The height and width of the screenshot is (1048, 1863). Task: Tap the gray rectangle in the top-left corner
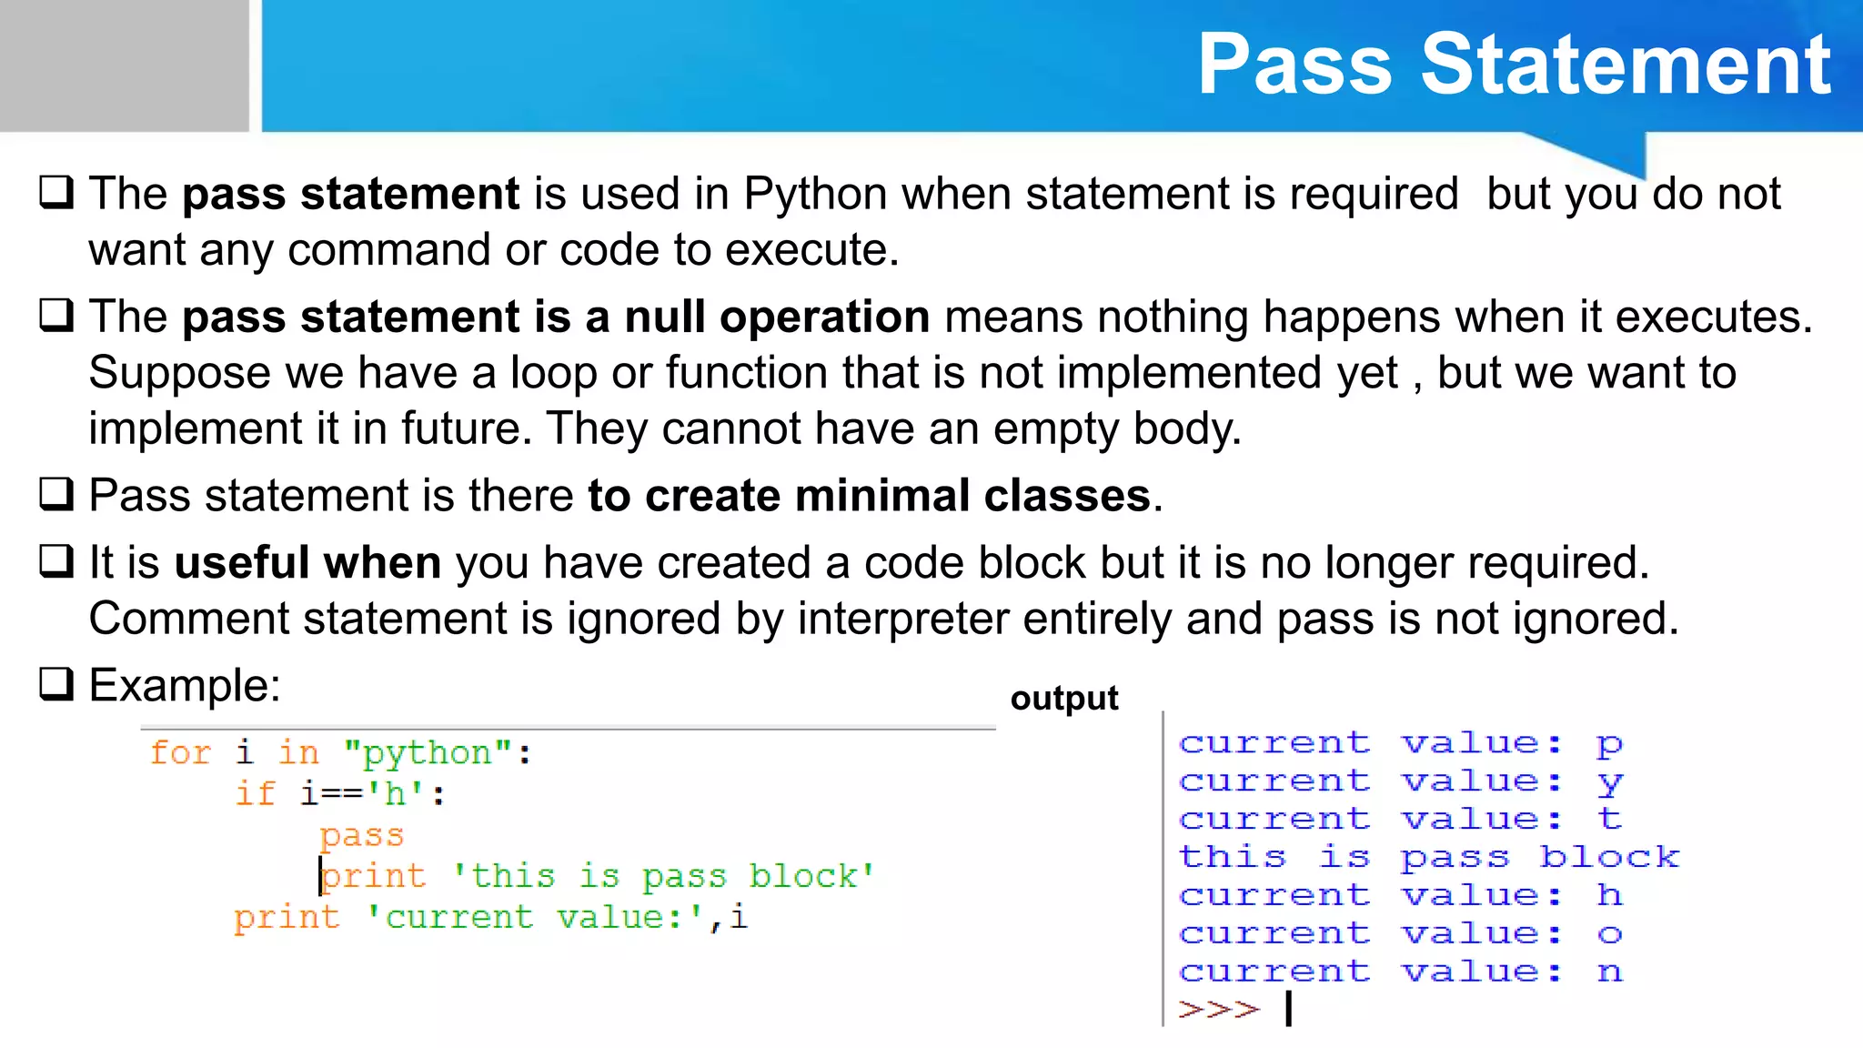(124, 65)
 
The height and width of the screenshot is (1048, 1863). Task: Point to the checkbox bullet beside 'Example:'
(56, 684)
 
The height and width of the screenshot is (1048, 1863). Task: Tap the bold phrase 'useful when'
(307, 563)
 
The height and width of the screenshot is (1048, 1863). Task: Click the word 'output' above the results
(1064, 698)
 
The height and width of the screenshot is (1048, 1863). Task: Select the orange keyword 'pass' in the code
(361, 835)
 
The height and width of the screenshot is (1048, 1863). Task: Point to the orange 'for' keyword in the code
(179, 753)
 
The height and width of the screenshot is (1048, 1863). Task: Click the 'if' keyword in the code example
(255, 794)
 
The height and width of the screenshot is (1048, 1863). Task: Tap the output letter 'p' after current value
(1609, 744)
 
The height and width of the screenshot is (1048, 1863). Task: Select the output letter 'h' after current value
(1609, 895)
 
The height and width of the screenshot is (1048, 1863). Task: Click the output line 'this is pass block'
(1428, 857)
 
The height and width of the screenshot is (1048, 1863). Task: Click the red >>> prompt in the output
(1219, 1009)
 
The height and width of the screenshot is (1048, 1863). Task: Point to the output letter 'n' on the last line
(1609, 972)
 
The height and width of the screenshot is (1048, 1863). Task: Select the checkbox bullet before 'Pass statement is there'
(56, 495)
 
